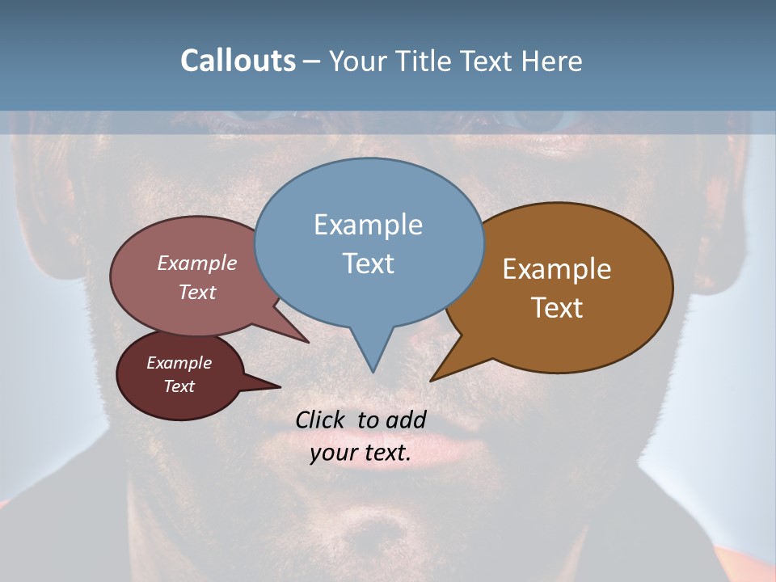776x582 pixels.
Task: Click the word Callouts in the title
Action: (x=238, y=61)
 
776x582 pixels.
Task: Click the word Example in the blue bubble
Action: (x=368, y=225)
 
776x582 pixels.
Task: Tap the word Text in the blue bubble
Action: (x=369, y=264)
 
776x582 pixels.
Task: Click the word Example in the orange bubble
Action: (x=557, y=269)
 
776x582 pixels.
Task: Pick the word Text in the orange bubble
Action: (x=557, y=308)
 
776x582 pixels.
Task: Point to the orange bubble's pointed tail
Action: (x=433, y=378)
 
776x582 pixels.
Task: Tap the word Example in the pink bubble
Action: (x=197, y=263)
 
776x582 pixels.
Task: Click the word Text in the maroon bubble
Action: (x=179, y=386)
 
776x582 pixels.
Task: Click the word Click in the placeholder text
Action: (x=319, y=420)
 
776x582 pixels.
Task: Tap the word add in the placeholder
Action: (x=406, y=420)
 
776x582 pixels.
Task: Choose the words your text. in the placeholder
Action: (x=361, y=453)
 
